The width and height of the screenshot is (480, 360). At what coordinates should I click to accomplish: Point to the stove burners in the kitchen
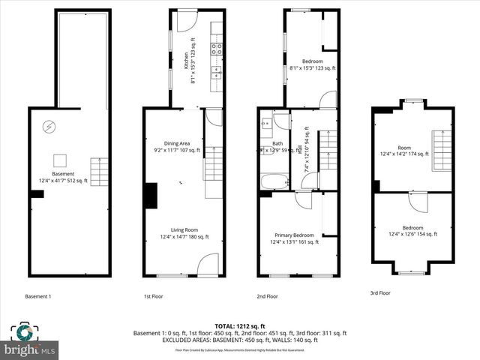click(216, 50)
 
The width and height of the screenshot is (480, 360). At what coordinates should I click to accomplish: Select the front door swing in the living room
click(208, 265)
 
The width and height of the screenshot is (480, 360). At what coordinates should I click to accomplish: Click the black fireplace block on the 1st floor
click(150, 196)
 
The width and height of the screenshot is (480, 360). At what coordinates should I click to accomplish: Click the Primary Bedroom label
click(294, 238)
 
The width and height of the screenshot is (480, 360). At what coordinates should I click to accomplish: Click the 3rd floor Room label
click(405, 150)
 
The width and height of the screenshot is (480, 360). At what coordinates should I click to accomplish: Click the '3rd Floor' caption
click(380, 292)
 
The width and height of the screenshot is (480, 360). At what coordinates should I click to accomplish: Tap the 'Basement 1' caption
click(38, 296)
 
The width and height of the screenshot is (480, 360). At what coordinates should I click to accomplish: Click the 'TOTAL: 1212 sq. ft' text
click(239, 326)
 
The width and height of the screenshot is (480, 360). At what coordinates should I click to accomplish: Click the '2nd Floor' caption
click(267, 296)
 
